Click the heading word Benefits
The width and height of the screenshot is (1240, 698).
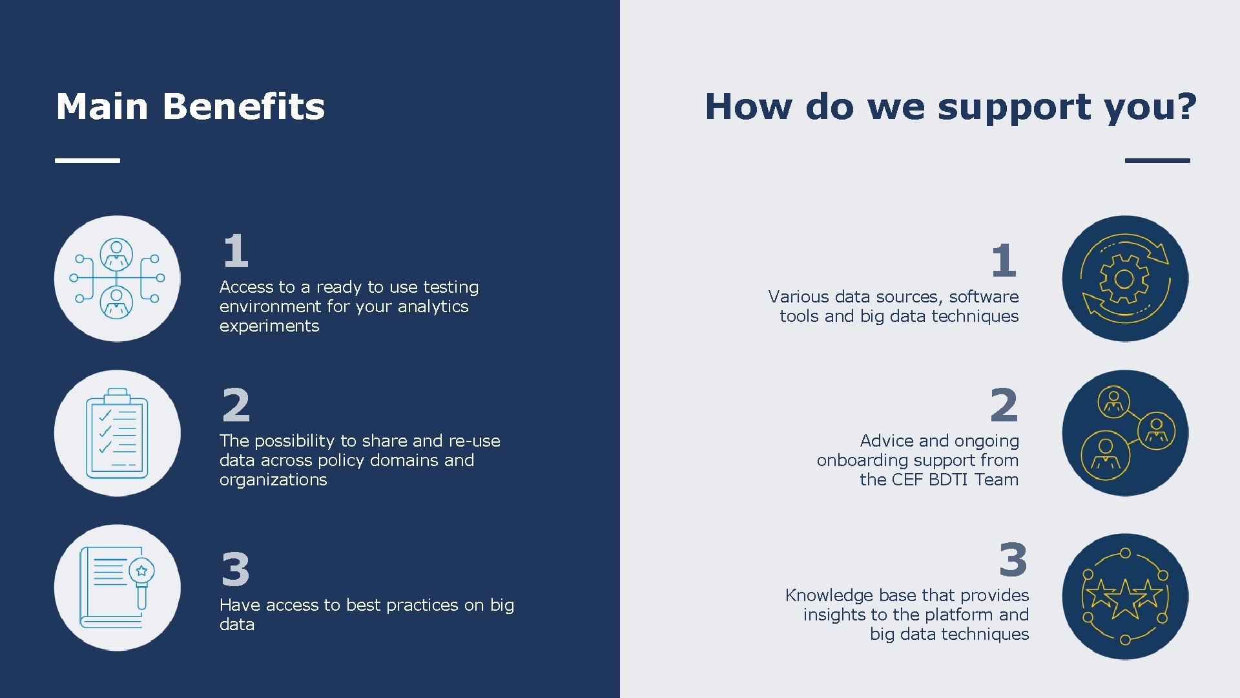243,107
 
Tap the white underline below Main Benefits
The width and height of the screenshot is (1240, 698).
87,160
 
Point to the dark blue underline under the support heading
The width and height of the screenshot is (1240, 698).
1157,160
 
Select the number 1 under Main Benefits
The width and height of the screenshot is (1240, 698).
236,251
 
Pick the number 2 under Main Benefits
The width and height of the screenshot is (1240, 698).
236,405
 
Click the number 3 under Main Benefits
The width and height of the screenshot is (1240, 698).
236,569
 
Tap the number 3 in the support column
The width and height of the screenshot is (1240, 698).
1013,560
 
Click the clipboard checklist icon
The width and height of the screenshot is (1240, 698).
117,433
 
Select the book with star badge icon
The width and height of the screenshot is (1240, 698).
117,587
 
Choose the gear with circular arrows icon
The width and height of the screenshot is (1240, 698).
1124,279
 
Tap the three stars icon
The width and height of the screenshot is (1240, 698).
1124,597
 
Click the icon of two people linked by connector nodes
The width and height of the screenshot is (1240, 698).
117,279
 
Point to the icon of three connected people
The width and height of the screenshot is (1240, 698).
1124,433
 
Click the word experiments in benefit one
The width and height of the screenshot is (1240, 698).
269,326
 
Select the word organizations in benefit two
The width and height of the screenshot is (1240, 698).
273,480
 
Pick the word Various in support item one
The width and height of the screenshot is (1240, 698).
798,297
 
